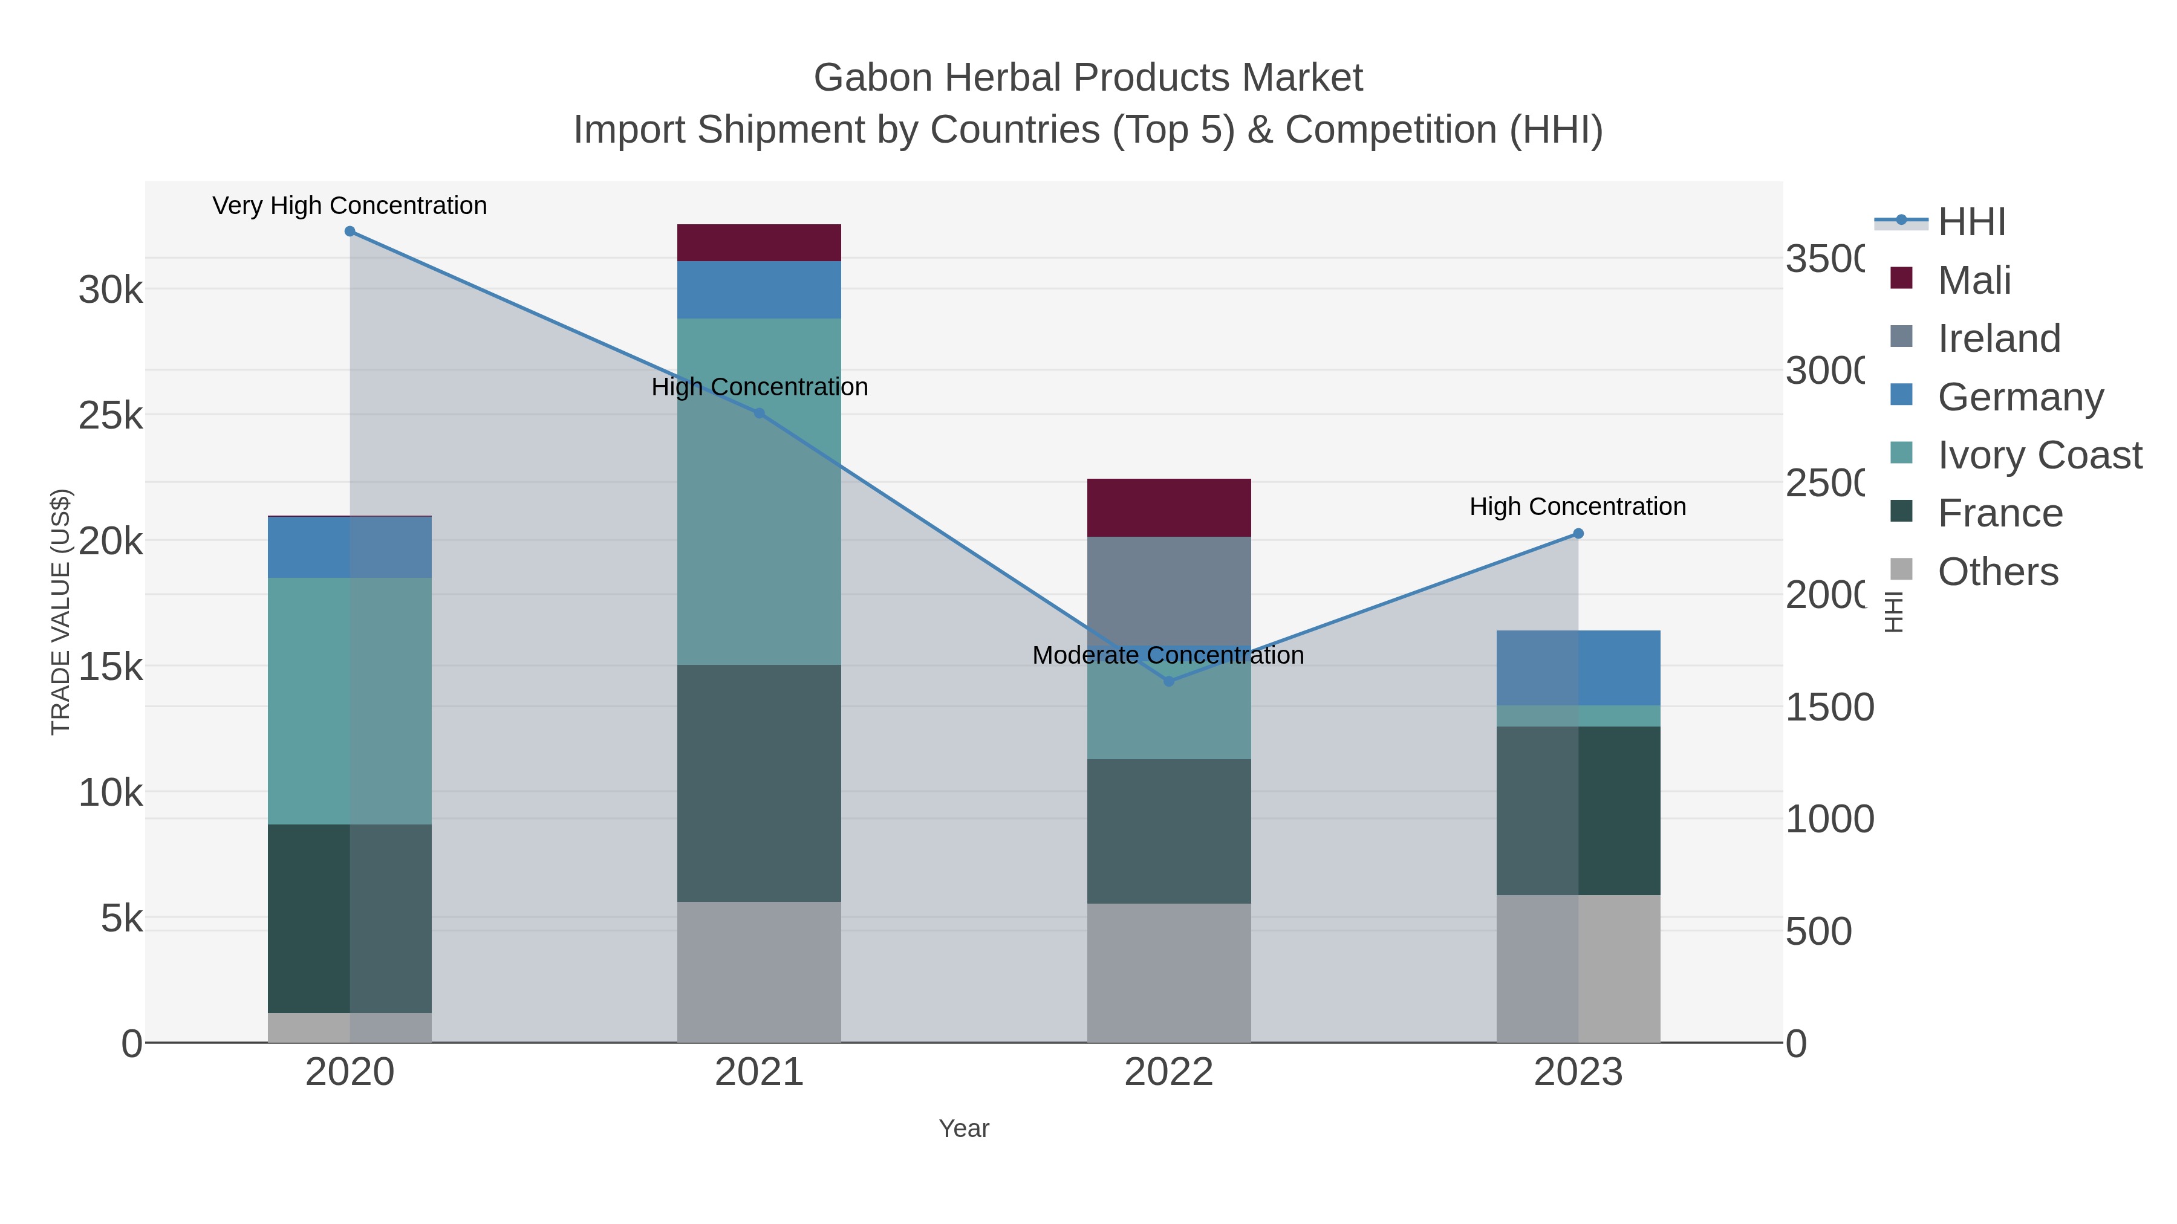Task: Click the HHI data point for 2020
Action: [x=350, y=232]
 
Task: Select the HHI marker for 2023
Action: [x=1578, y=534]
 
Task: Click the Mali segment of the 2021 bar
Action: [x=759, y=243]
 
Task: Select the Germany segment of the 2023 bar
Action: [x=1578, y=667]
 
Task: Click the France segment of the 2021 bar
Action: [x=759, y=783]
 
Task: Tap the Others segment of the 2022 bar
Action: [x=1169, y=973]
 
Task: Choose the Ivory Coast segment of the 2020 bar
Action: [x=350, y=701]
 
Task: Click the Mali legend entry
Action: [x=1974, y=280]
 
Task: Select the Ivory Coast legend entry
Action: [x=2039, y=455]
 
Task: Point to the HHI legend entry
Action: [x=1971, y=222]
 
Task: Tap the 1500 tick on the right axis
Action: [x=1829, y=708]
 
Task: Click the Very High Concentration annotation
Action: [x=350, y=206]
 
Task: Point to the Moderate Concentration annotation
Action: [x=1168, y=655]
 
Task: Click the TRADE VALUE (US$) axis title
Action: [x=61, y=612]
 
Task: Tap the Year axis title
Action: [x=963, y=1128]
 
